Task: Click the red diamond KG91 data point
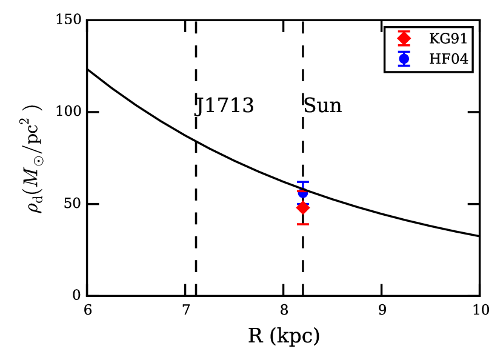coord(302,208)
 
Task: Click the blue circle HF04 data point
coord(302,193)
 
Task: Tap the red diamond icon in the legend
coord(404,39)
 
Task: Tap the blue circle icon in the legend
coord(404,58)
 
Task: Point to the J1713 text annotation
coord(224,106)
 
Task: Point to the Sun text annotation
coord(322,106)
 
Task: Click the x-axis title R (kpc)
coord(284,335)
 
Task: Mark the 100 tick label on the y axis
coord(69,113)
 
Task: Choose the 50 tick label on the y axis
coord(73,204)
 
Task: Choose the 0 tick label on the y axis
coord(76,296)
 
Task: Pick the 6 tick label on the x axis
coord(88,311)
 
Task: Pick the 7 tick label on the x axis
coord(185,311)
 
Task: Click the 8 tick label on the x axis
coord(284,311)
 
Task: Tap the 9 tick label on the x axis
coord(381,311)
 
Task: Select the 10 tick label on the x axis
coord(479,311)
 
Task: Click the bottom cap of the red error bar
coord(302,224)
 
